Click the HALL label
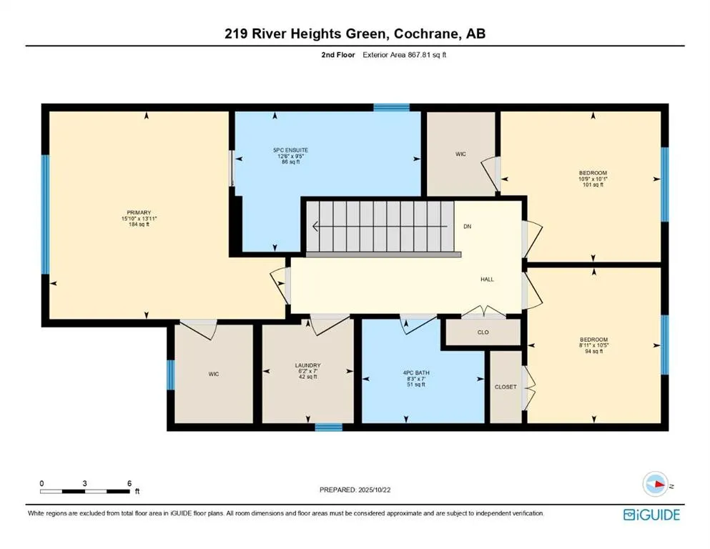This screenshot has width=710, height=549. click(x=487, y=280)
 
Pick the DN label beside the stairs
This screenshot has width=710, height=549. click(x=467, y=227)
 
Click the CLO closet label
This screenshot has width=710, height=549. click(x=483, y=332)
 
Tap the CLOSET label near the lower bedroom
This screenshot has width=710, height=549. click(x=505, y=387)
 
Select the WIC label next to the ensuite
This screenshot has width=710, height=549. click(x=461, y=154)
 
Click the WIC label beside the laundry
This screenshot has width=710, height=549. click(x=213, y=374)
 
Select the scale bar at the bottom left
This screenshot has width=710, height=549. click(x=86, y=491)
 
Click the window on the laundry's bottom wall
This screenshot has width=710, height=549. click(x=328, y=427)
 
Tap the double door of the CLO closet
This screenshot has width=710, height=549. click(x=484, y=312)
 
